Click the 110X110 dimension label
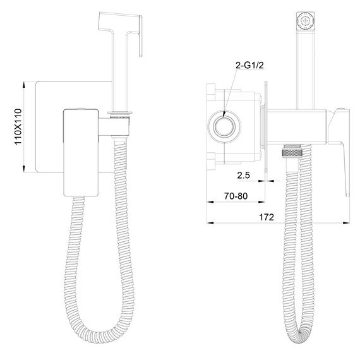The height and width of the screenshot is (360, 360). click(x=18, y=126)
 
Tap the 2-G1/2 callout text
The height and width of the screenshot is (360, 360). click(x=249, y=66)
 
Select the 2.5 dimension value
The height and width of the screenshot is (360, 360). click(x=243, y=175)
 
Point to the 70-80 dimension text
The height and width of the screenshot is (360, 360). click(x=236, y=196)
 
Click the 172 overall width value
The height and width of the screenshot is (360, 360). click(x=267, y=217)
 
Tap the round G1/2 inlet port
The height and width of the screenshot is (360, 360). click(x=224, y=126)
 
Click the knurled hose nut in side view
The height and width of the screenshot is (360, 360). click(x=291, y=152)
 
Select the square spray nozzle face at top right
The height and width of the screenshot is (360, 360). click(x=305, y=21)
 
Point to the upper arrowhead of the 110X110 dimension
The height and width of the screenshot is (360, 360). click(x=23, y=85)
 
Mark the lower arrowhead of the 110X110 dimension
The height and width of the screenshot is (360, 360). click(x=23, y=169)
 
